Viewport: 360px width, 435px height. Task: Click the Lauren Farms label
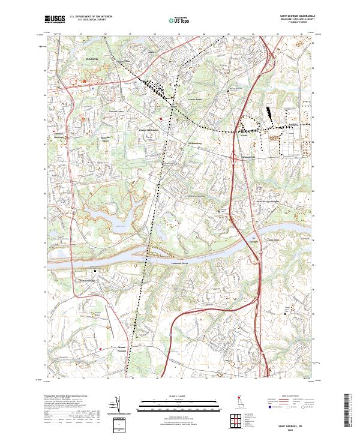coord(196,100)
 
